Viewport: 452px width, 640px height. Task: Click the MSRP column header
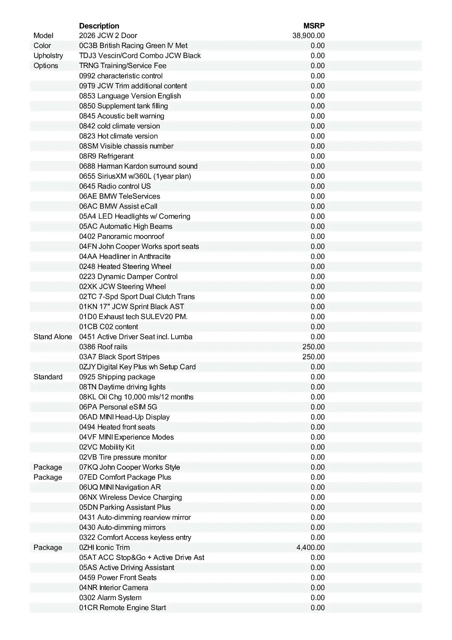pos(314,26)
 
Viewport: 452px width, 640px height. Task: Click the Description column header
pos(99,26)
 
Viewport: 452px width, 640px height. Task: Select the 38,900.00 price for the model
pos(308,36)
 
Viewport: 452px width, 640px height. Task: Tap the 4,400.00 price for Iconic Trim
pos(310,547)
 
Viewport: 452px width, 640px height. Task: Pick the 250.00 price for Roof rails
pos(313,347)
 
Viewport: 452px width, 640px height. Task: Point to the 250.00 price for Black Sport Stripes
pos(313,357)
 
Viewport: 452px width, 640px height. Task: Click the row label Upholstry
pos(48,56)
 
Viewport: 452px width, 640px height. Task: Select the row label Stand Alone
pos(53,337)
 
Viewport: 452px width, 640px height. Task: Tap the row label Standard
pos(48,377)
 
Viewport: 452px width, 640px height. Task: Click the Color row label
pos(42,46)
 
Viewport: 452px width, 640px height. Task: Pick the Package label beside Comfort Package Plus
pos(48,477)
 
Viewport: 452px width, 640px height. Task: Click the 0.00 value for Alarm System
pos(317,597)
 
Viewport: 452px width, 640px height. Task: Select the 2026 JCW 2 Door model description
pos(108,36)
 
